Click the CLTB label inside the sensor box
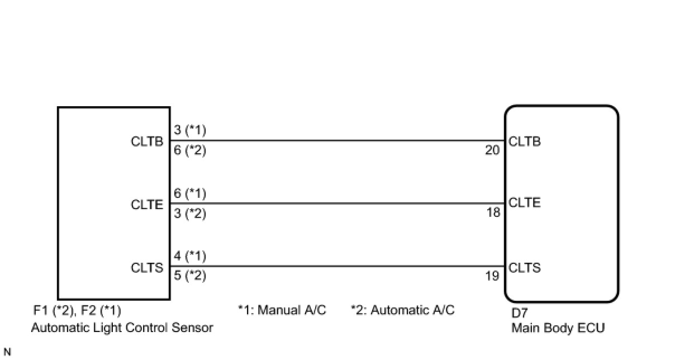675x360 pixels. pyautogui.click(x=147, y=141)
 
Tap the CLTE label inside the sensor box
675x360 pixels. pyautogui.click(x=147, y=205)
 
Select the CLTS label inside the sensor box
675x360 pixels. pyautogui.click(x=147, y=268)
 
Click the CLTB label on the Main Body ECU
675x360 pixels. pyautogui.click(x=525, y=141)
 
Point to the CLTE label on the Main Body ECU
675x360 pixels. pyautogui.click(x=525, y=202)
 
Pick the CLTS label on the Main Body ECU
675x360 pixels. pyautogui.click(x=525, y=268)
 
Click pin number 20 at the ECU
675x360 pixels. pyautogui.click(x=492, y=150)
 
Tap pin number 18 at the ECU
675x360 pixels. pyautogui.click(x=493, y=213)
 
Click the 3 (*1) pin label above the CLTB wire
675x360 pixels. pyautogui.click(x=190, y=130)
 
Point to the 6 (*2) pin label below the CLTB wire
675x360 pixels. pyautogui.click(x=190, y=150)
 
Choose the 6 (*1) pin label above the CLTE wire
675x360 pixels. pyautogui.click(x=190, y=193)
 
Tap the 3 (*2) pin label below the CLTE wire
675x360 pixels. pyautogui.click(x=190, y=214)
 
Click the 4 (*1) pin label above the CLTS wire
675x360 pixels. pyautogui.click(x=190, y=256)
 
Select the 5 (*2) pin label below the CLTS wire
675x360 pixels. pyautogui.click(x=190, y=276)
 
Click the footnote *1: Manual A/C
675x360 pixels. pyautogui.click(x=282, y=310)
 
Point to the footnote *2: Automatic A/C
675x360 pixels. pyautogui.click(x=403, y=310)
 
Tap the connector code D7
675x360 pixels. pyautogui.click(x=520, y=313)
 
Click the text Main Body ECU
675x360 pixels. pyautogui.click(x=558, y=328)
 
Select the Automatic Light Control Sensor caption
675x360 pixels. pyautogui.click(x=122, y=328)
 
